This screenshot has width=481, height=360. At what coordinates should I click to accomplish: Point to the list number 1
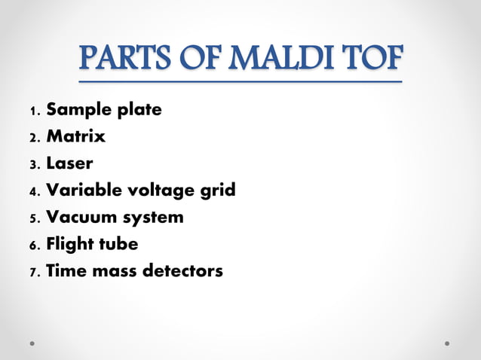tap(33, 111)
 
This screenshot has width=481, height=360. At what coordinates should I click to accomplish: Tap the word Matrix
tap(75, 137)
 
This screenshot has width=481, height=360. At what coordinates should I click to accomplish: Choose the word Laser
tap(69, 163)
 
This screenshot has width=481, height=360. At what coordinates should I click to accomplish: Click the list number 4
tap(33, 192)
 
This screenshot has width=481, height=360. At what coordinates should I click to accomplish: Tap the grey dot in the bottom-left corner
tap(33, 343)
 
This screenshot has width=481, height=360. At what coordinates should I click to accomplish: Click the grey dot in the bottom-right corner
tap(447, 343)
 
